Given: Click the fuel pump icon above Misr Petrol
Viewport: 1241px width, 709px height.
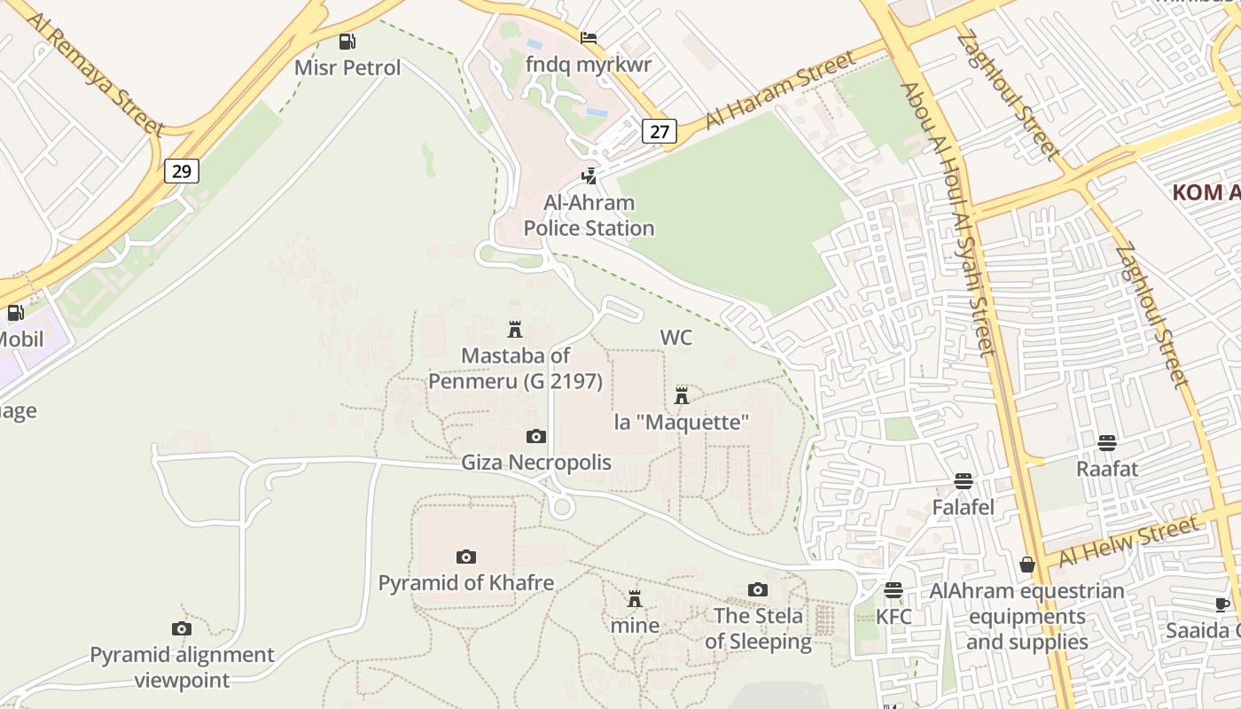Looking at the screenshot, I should click(x=347, y=41).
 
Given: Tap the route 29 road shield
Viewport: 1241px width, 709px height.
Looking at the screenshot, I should click(x=181, y=171).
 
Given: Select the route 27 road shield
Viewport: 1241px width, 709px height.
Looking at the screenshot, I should click(x=659, y=131).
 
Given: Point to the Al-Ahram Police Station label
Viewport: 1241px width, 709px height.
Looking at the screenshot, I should click(x=589, y=215).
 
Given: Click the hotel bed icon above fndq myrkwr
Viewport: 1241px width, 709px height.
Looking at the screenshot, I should click(x=588, y=38).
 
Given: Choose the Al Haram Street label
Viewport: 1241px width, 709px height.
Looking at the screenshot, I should click(x=781, y=90).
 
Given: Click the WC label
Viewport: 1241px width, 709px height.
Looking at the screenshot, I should click(x=675, y=338).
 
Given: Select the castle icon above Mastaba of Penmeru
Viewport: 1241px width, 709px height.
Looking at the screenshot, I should click(x=514, y=330).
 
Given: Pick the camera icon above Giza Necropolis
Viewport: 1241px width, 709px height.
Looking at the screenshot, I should click(x=535, y=436).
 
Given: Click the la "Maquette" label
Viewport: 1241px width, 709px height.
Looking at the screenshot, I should click(x=682, y=422).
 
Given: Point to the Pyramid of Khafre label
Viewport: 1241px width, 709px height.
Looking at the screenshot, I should click(x=465, y=583).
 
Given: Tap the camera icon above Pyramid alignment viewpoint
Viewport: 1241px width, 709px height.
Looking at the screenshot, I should click(x=181, y=628).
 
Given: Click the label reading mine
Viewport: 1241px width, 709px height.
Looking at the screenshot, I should click(x=635, y=626).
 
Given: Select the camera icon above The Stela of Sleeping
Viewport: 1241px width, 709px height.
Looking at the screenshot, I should click(x=757, y=589).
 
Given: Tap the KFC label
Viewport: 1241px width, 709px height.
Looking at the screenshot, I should click(x=894, y=616).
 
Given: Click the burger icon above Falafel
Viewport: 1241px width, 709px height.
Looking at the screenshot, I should click(x=964, y=481).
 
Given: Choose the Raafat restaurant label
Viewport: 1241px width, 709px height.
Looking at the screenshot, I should click(x=1106, y=469).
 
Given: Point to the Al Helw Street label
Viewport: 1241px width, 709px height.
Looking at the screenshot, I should click(x=1128, y=543).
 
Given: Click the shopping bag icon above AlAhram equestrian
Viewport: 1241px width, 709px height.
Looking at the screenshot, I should click(x=1026, y=565).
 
